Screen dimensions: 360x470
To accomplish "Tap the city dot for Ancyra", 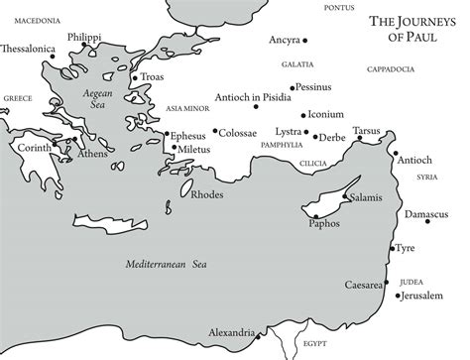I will (x=304, y=41).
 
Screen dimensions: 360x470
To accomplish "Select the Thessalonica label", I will (x=29, y=47).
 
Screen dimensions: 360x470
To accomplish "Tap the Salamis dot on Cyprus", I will (x=344, y=197).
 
